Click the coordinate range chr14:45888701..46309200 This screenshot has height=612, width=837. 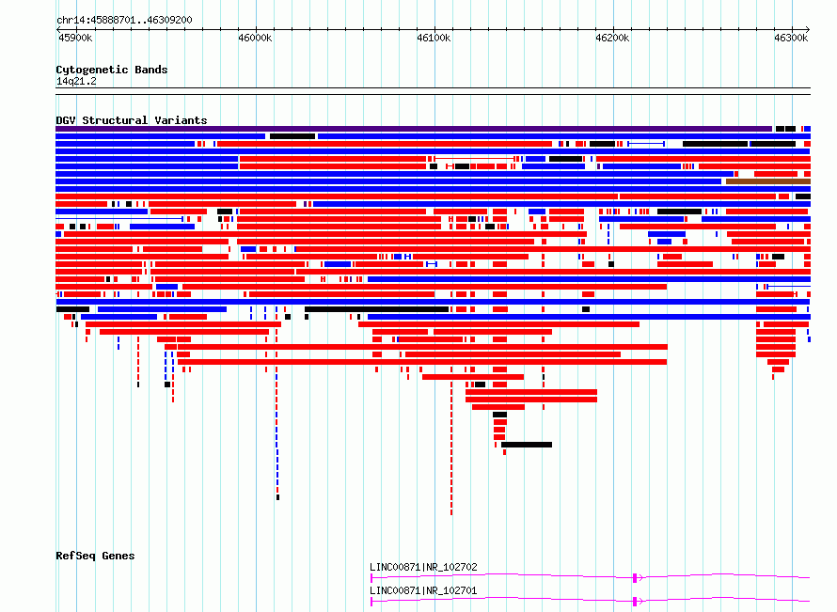pos(124,21)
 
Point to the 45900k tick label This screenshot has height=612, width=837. pos(75,38)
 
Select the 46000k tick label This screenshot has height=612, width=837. pos(255,38)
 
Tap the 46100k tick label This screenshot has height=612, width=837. pos(434,38)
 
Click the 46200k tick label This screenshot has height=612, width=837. pos(612,38)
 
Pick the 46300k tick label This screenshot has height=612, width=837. pos(791,38)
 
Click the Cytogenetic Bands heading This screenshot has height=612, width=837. pos(112,70)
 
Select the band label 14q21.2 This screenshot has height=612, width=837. pos(76,81)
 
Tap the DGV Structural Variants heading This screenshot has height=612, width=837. pos(132,120)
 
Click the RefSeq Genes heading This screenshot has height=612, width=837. pos(95,556)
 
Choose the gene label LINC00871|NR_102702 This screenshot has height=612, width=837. pos(423,567)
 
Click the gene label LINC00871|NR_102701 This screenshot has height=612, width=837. pos(423,590)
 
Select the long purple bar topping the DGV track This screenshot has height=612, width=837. pos(414,129)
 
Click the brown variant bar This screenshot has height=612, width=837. pos(768,181)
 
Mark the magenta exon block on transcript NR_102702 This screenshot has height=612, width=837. pos(635,578)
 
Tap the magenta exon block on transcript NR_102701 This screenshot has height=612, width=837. pos(635,602)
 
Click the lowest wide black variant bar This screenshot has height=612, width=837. pos(527,445)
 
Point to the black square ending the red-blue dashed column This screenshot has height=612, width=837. pos(277,497)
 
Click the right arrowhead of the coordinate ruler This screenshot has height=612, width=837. pos(808,30)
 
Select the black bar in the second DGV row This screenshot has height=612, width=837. pos(292,136)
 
